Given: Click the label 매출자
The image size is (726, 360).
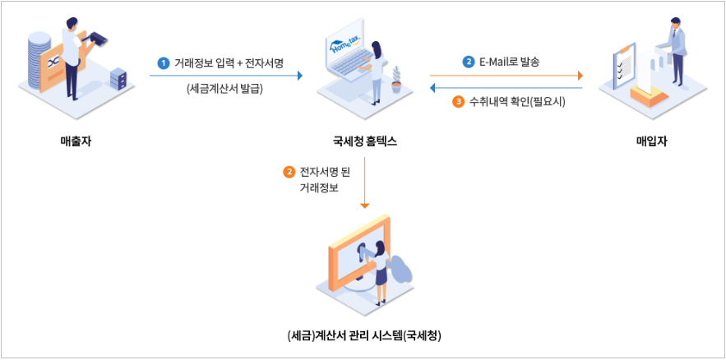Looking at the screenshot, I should coord(76,141).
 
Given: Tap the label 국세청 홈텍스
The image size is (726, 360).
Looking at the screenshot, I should coord(365,141).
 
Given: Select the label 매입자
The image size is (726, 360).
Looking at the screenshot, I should coord(651,141).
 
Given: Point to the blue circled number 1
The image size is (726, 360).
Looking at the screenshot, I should coord(163,62).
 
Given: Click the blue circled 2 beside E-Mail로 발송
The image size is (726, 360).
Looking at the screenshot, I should coord(468,62).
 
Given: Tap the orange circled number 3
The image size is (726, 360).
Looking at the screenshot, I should coord(459,103).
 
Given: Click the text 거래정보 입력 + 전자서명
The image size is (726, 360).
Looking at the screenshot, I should coord(229,62).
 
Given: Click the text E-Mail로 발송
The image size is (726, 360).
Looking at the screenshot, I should coord(509,62).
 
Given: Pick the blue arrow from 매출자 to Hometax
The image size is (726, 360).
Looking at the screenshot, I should coord(225,76).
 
